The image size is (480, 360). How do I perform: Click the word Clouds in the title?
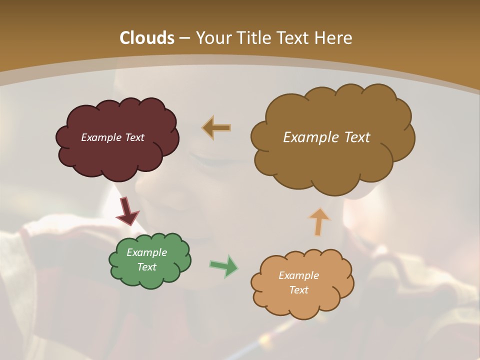click(x=147, y=38)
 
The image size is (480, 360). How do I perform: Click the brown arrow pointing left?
click(x=216, y=128)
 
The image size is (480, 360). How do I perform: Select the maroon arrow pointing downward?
click(x=127, y=211)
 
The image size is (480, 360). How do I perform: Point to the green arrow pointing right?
click(x=224, y=266)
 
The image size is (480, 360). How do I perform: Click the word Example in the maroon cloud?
click(x=101, y=137)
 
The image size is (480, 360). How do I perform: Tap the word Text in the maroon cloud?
click(x=134, y=137)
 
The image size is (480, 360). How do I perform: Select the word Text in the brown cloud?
click(x=357, y=137)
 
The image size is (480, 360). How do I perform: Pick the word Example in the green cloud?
click(x=146, y=252)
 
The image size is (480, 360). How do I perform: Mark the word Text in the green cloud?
click(x=146, y=267)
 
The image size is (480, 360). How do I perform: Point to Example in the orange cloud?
click(x=298, y=275)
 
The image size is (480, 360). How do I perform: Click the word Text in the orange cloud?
click(x=298, y=290)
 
